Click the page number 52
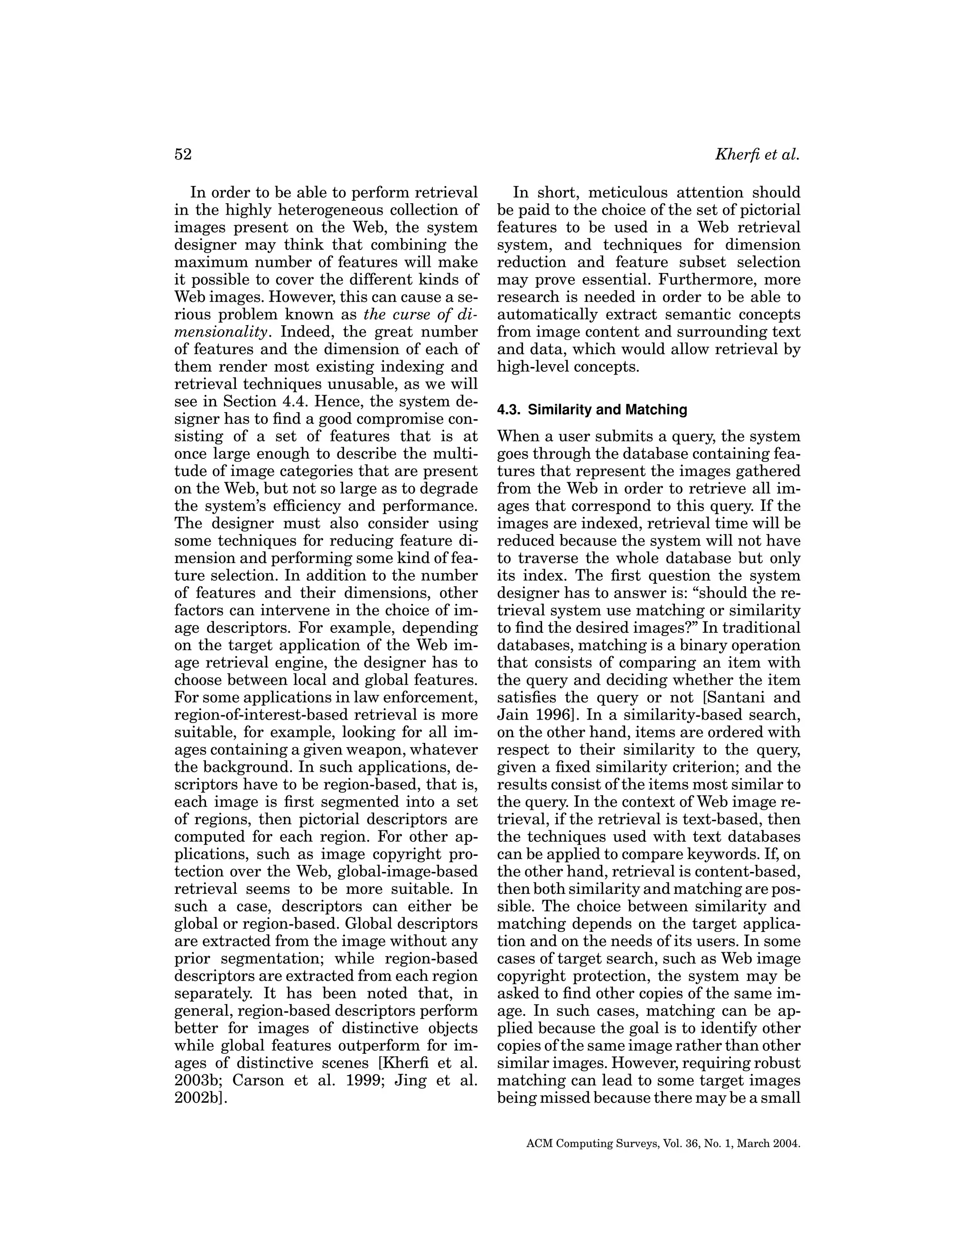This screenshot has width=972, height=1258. [x=183, y=155]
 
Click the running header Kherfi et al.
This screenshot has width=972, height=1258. [x=757, y=155]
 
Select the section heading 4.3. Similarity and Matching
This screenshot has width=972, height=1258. [x=592, y=410]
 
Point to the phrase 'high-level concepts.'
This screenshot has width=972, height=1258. [x=567, y=367]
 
